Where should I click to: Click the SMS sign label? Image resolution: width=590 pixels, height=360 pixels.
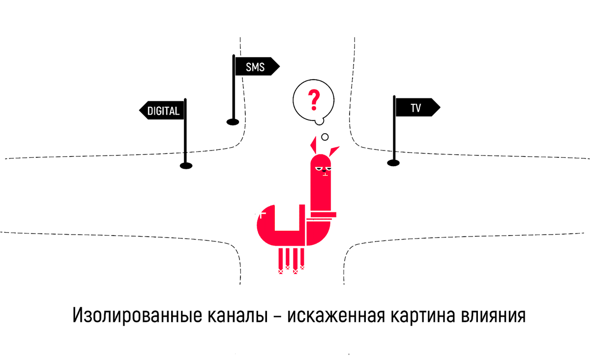point(255,66)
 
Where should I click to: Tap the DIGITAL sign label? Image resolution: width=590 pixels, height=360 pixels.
point(163,111)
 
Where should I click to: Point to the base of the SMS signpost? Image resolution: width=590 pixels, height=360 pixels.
point(233,121)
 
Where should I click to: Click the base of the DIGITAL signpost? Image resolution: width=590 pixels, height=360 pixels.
point(186,166)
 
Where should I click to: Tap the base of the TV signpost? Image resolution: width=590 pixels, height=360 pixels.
point(393,163)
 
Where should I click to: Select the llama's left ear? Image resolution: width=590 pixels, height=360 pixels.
point(313,145)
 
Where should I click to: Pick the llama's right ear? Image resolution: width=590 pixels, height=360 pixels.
point(334,150)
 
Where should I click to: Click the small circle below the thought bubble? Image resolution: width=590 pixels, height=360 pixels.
point(324,137)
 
